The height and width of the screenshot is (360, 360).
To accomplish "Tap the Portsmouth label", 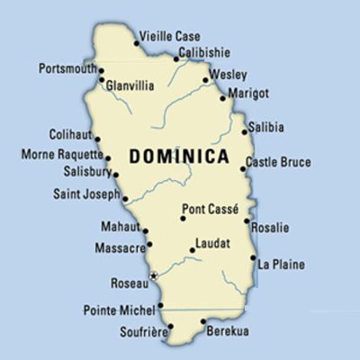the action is [68, 67].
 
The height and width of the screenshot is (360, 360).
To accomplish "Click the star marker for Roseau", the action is [154, 274].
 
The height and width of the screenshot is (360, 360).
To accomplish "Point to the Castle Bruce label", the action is [281, 163].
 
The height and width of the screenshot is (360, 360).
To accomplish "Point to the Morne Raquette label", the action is [56, 155].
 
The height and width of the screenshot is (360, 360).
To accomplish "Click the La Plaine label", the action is [281, 265].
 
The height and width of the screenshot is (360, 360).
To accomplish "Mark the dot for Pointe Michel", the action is [162, 310].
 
